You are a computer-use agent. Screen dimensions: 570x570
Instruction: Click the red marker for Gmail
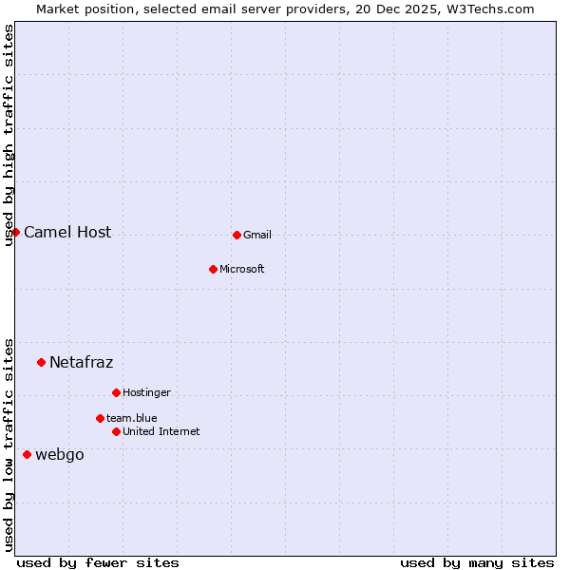pos(237,235)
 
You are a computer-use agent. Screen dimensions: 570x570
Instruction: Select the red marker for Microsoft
pos(213,269)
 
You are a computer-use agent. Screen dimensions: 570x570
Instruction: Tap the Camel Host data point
pos(15,232)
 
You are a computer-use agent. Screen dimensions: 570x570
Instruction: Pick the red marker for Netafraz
pos(41,362)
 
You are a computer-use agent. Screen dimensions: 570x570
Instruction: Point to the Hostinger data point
pos(116,392)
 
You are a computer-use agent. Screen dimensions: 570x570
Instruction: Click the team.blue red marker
pos(100,418)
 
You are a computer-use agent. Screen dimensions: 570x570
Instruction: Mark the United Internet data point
pos(116,431)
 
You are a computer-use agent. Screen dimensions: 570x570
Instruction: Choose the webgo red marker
pos(27,454)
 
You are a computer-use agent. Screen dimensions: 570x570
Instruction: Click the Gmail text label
pos(257,235)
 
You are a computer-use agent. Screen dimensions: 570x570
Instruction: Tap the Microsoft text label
pos(242,269)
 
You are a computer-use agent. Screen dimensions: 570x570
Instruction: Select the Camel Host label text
pos(67,232)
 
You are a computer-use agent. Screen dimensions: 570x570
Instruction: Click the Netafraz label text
pos(82,362)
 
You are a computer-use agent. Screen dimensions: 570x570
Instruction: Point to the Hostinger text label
pos(146,392)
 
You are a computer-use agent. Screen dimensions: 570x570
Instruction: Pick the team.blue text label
pos(132,418)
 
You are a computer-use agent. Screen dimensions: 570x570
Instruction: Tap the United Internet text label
pos(161,431)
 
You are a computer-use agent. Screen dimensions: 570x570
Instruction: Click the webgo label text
pos(60,454)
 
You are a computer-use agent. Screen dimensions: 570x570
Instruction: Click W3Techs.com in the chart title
pos(491,9)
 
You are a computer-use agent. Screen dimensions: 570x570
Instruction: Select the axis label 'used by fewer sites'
pos(98,562)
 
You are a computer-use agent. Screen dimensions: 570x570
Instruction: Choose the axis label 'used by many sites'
pos(477,562)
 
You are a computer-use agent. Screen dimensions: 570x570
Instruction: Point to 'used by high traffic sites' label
pos(9,136)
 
